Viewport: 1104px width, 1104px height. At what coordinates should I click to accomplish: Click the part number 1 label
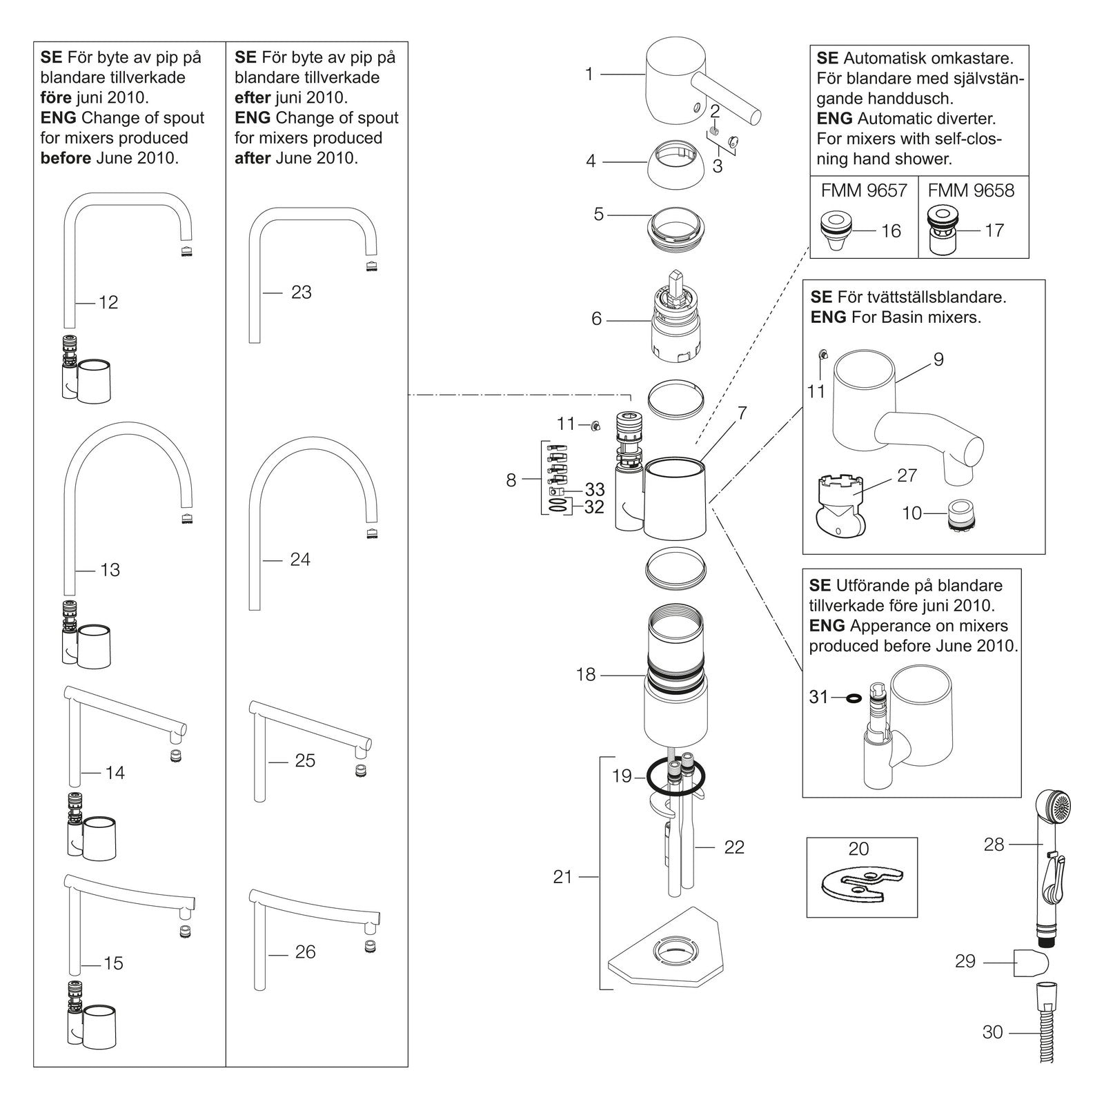pos(589,74)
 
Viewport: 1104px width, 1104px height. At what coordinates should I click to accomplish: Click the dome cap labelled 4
pos(676,161)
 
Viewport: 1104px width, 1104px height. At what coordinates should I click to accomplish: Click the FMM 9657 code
pos(864,190)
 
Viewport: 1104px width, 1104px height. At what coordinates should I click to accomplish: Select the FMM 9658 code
pos(971,190)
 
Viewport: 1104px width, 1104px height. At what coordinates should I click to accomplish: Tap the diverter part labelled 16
pos(836,231)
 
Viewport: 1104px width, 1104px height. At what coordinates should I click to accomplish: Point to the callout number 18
pos(586,674)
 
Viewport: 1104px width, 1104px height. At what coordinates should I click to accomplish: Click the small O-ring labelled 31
pos(854,698)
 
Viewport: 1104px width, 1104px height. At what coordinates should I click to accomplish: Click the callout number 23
pos(302,293)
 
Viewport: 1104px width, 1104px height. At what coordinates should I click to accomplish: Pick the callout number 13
pos(110,570)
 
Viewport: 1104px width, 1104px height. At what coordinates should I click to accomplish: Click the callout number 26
pos(305,952)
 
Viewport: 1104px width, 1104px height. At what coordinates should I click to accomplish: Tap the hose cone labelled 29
pos(1032,963)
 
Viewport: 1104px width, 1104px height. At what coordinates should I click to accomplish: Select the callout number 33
pos(595,489)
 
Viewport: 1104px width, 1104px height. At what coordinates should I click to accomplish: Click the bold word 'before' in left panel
pos(66,158)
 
